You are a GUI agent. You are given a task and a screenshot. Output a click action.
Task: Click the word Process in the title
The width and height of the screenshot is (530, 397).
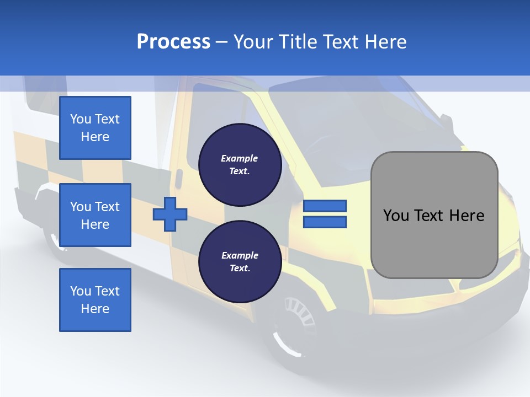(x=173, y=42)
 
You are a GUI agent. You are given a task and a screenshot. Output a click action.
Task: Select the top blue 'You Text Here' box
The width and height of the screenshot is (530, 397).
(x=95, y=128)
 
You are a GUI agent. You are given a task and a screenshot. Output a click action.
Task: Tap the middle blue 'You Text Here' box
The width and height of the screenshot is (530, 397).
(x=95, y=215)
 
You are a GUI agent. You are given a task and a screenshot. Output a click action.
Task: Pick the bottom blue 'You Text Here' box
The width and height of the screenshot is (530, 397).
(x=95, y=300)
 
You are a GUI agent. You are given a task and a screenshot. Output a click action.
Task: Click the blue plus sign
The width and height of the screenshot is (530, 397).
(x=170, y=214)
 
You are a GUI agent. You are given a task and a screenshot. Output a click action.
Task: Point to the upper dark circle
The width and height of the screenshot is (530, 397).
(x=240, y=164)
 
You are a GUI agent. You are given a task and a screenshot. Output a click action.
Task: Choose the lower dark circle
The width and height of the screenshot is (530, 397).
(x=240, y=261)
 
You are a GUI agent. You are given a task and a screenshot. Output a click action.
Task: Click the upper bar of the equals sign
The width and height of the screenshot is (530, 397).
(x=325, y=206)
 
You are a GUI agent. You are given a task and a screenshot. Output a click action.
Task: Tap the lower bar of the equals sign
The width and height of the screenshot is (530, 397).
(x=325, y=222)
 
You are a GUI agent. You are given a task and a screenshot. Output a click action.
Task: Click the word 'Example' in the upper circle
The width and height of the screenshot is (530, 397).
(x=240, y=158)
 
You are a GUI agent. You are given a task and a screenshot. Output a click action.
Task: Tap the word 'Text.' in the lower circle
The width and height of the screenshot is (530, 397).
(x=240, y=269)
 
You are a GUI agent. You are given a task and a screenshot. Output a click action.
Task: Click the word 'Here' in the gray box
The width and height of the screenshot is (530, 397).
(x=467, y=216)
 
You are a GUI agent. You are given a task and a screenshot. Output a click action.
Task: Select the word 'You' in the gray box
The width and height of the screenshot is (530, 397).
(x=395, y=216)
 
